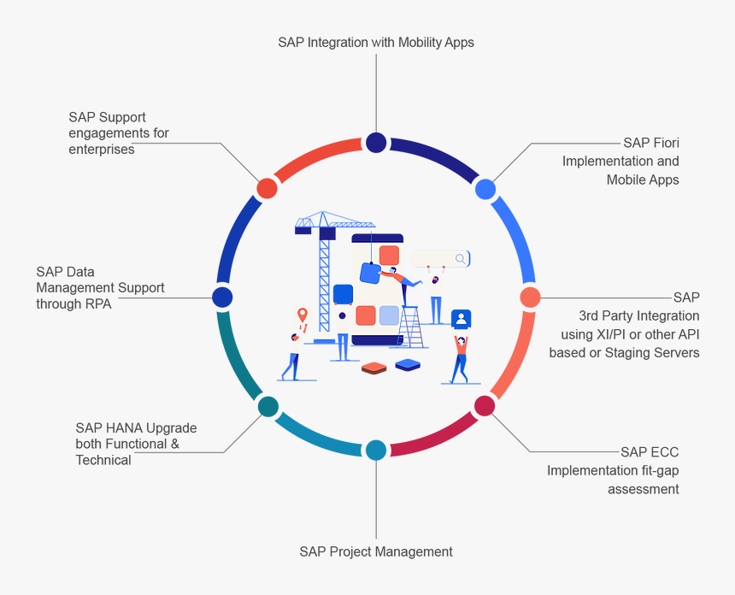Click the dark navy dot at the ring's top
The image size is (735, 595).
tap(376, 143)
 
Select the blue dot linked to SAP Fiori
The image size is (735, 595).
tap(485, 189)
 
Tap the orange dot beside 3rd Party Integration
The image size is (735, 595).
tap(531, 297)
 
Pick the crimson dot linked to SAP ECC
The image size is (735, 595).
tap(485, 405)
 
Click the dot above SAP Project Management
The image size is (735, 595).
tap(376, 451)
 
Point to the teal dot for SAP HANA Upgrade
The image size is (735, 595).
tap(268, 406)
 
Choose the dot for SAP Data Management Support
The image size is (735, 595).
tap(222, 297)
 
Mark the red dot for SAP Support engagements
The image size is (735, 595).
tap(267, 188)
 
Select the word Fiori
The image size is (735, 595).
tap(663, 143)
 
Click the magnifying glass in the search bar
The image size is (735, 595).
tap(461, 259)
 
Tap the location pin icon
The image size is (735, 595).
tap(302, 316)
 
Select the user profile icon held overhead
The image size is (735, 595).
tap(462, 319)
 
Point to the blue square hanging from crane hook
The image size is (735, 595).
tap(370, 273)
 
